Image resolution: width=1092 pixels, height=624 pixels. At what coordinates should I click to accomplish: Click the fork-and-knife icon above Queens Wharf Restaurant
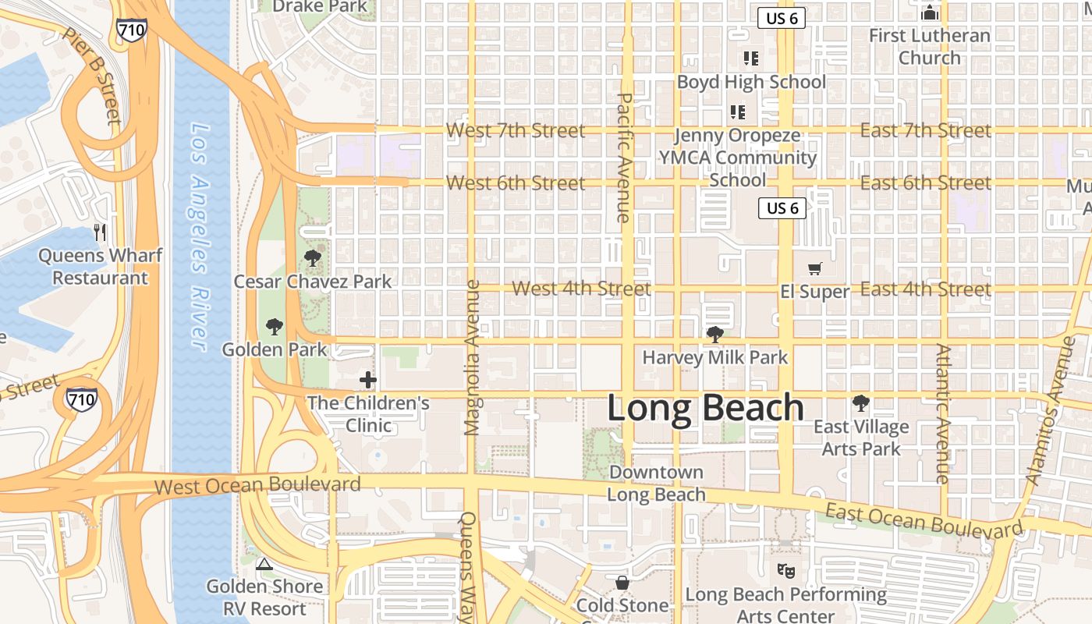[x=100, y=232]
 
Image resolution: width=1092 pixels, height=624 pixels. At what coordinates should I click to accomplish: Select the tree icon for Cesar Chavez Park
[x=313, y=257]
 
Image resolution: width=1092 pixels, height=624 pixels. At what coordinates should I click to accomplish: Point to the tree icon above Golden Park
[x=274, y=326]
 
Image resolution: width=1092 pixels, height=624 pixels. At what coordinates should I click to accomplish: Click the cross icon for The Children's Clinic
[x=367, y=380]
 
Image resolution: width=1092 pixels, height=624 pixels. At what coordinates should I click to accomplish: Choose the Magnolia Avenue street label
[x=472, y=357]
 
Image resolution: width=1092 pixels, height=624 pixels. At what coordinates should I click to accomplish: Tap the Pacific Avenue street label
[x=624, y=158]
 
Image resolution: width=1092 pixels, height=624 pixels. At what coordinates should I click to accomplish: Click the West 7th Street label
[x=515, y=130]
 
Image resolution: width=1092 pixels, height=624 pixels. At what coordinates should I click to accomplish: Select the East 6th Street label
[x=925, y=183]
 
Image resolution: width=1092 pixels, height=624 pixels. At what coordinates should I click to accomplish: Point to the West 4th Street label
[x=581, y=289]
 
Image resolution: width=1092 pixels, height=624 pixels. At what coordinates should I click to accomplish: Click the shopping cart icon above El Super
[x=815, y=269]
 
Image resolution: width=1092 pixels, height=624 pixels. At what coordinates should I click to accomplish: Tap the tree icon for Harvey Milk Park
[x=714, y=335]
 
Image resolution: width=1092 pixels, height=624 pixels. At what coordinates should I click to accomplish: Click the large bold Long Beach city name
[x=705, y=408]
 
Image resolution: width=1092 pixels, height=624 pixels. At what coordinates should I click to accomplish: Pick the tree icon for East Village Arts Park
[x=861, y=403]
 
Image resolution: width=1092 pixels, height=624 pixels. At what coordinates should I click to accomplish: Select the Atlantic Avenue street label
[x=943, y=413]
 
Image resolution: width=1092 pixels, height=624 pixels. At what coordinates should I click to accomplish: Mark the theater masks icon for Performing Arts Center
[x=785, y=571]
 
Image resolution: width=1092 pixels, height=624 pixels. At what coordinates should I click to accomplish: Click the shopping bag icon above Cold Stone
[x=622, y=582]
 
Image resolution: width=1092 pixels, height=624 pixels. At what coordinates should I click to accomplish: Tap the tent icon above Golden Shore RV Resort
[x=264, y=564]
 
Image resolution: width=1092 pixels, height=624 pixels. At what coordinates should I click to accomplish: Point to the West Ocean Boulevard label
[x=257, y=485]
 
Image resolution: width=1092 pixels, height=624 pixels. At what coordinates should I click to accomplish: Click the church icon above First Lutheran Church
[x=929, y=12]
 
